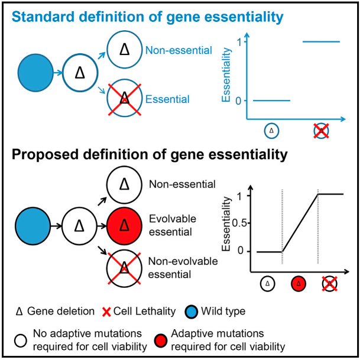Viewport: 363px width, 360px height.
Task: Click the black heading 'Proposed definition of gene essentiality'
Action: [x=150, y=156]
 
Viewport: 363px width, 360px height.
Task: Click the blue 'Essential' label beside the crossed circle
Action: [x=168, y=99]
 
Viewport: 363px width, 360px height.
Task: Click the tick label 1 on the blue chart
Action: [x=239, y=42]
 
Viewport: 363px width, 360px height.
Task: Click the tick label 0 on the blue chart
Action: [x=239, y=100]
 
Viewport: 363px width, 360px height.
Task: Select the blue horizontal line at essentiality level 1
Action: [x=321, y=42]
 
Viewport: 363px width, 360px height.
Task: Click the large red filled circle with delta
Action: [x=125, y=225]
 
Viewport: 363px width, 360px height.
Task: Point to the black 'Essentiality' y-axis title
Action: [x=226, y=223]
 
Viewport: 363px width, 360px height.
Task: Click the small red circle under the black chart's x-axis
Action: [x=299, y=285]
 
